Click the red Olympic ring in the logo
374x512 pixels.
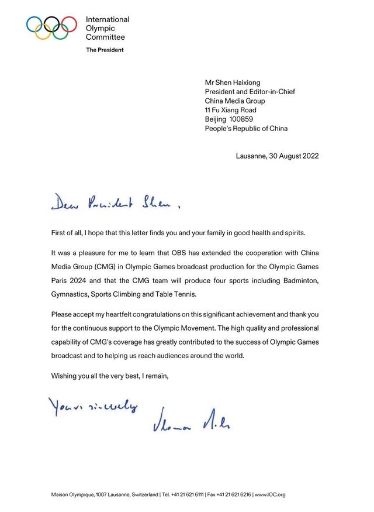click(69, 23)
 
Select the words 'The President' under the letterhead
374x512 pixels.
click(105, 50)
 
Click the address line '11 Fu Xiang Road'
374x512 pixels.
click(230, 110)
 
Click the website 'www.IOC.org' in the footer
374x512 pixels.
click(271, 494)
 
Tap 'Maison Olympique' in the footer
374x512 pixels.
click(70, 494)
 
